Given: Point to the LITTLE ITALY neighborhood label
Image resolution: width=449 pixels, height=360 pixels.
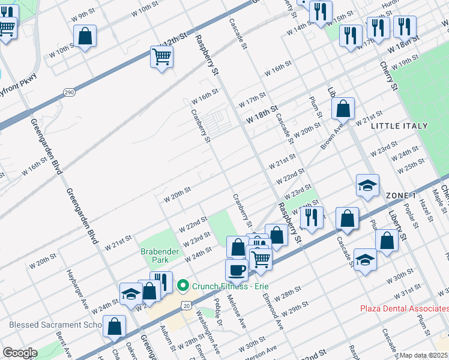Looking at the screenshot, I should (399, 126).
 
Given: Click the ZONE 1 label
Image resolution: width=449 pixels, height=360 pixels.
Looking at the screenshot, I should (401, 196).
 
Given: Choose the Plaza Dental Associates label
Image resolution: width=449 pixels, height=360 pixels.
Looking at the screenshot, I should (404, 309).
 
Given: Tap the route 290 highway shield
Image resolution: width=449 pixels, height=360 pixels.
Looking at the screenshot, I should (69, 92).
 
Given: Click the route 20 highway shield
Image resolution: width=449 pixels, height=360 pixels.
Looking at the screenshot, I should (187, 306).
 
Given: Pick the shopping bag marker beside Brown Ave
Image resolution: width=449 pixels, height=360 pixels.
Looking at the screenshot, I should (343, 109).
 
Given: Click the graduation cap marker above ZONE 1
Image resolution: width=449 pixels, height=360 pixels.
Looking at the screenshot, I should (367, 186).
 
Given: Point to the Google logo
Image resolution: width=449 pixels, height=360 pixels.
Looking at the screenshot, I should (19, 353).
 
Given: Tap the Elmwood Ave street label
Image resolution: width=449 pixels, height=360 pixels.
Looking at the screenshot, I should (276, 315).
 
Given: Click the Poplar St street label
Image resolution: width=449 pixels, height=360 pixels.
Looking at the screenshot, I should (409, 217).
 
